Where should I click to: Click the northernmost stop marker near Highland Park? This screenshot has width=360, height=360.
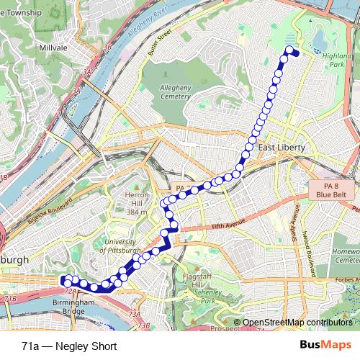coord(291,50)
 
